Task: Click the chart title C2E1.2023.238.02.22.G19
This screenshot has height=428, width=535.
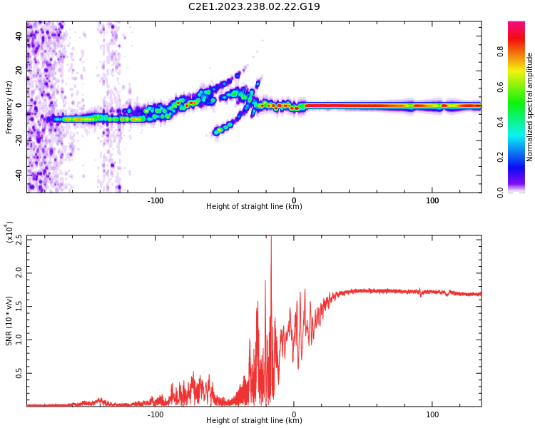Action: (254, 6)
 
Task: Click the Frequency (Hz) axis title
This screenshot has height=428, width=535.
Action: (9, 106)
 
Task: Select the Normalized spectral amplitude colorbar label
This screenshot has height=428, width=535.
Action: (530, 106)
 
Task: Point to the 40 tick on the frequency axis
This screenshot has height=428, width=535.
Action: (19, 37)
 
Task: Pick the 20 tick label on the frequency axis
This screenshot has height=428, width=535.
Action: (19, 71)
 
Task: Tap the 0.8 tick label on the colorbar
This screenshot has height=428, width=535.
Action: (500, 51)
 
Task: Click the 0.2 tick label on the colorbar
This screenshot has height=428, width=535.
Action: (500, 157)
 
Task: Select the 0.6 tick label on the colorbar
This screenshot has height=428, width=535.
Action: (500, 86)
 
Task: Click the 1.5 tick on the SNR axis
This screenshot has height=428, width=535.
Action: (19, 306)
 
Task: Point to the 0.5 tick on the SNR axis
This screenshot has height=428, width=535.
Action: (19, 373)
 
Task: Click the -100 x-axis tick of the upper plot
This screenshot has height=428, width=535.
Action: (156, 200)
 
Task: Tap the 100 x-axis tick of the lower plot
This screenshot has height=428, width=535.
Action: (432, 414)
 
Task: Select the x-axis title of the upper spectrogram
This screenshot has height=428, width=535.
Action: (254, 207)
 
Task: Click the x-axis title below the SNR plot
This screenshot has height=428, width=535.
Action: (254, 421)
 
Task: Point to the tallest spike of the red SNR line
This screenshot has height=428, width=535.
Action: (271, 238)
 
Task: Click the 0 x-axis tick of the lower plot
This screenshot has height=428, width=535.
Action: (294, 414)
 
